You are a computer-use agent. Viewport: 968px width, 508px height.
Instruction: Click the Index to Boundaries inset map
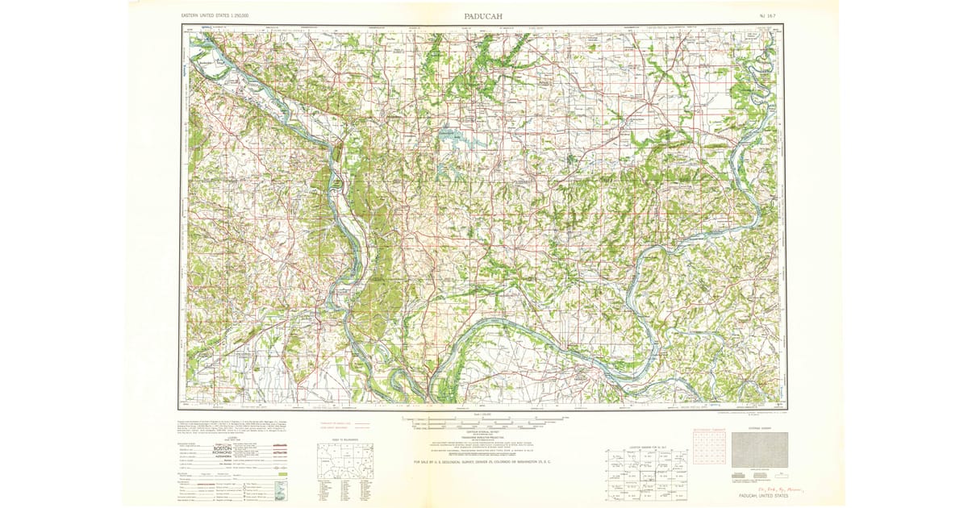pyautogui.click(x=344, y=461)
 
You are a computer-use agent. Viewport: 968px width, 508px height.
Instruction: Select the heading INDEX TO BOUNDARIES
pyautogui.click(x=344, y=439)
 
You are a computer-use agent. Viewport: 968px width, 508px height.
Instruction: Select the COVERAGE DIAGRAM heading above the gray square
pyautogui.click(x=759, y=428)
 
